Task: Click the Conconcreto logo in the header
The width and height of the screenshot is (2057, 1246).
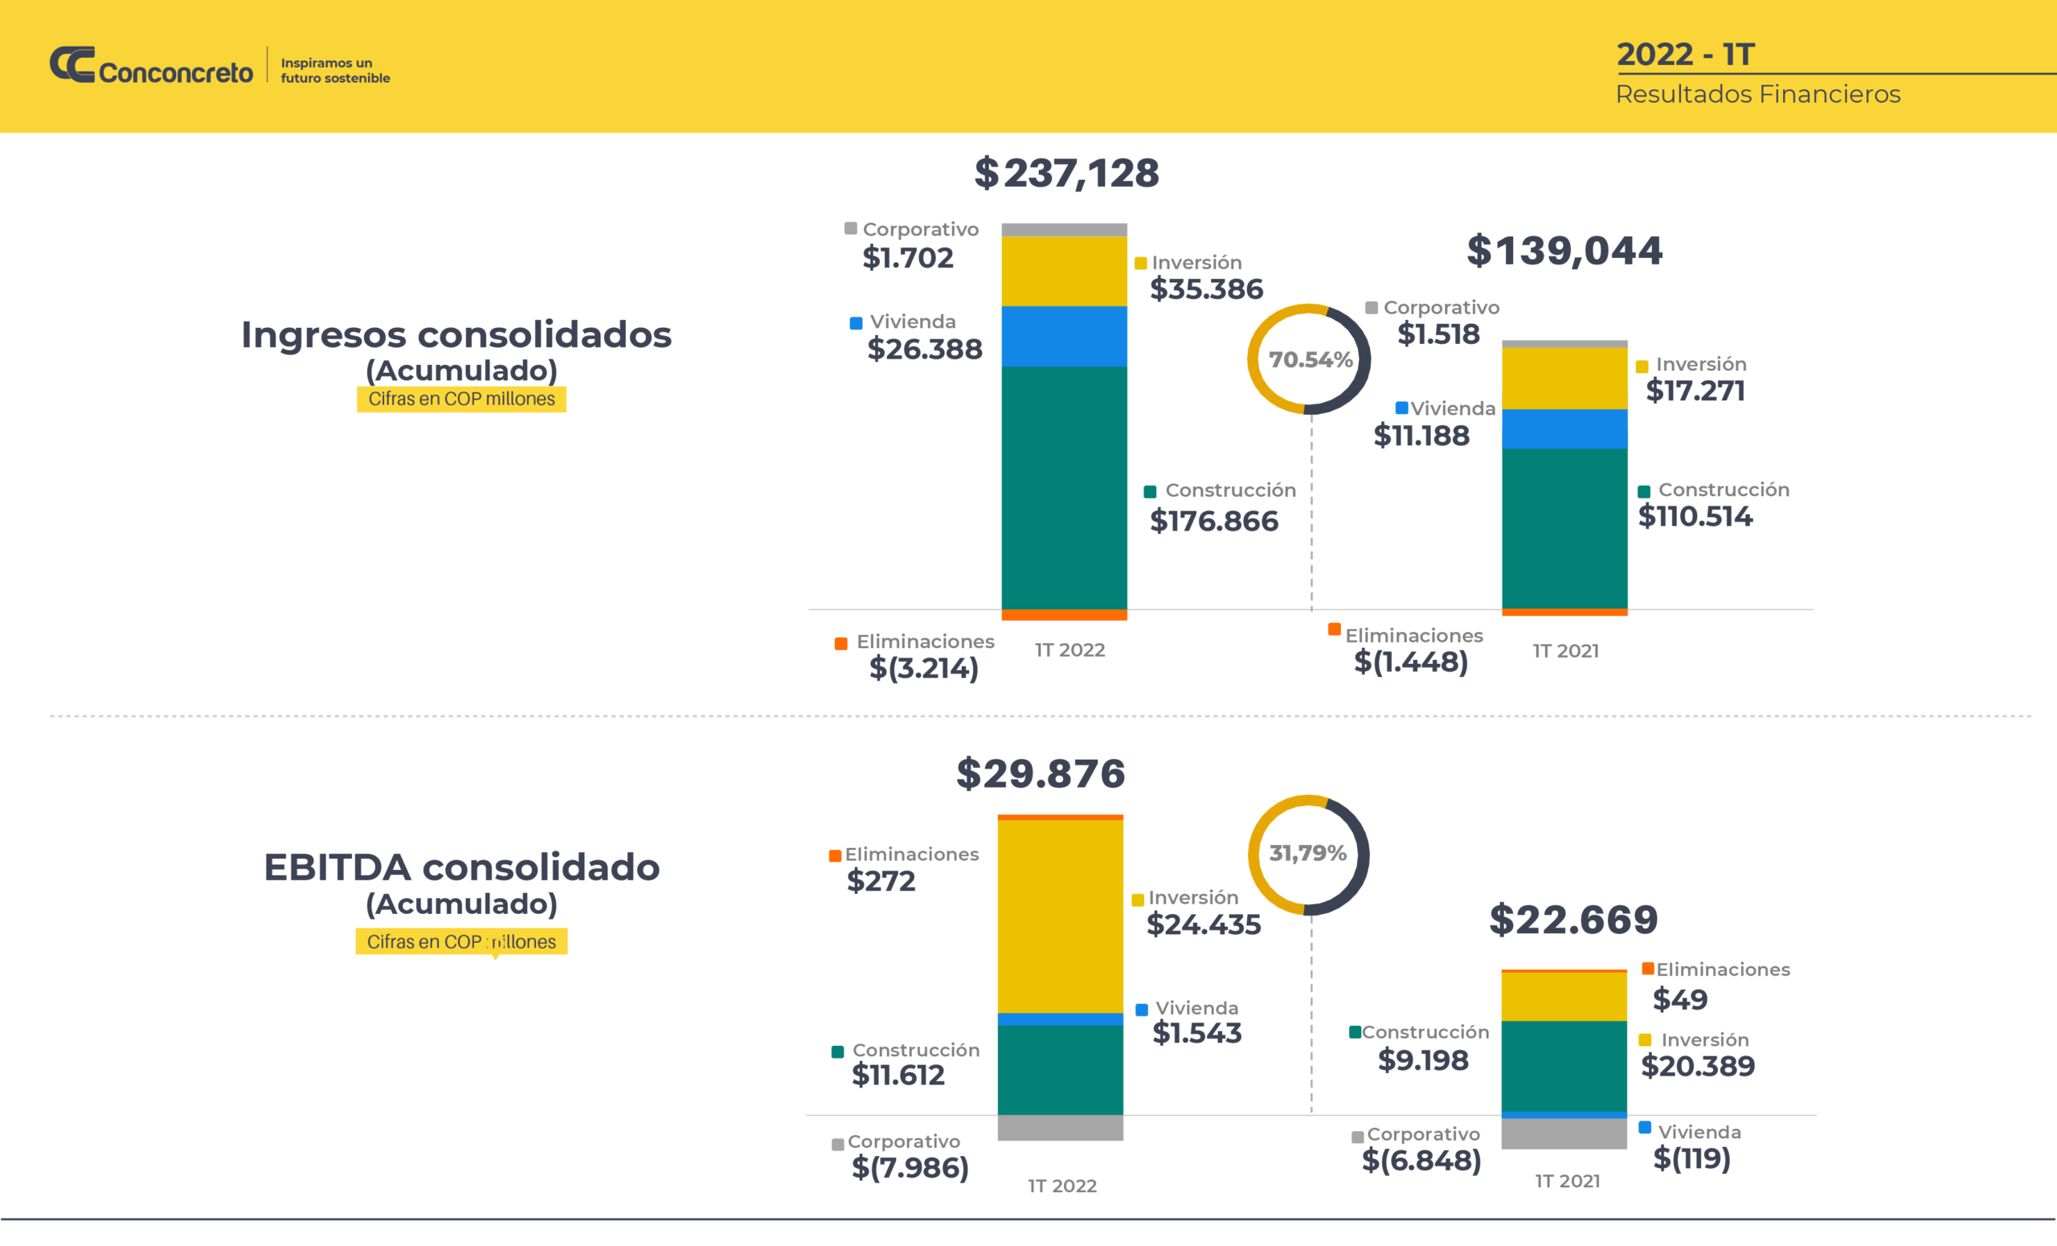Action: (151, 66)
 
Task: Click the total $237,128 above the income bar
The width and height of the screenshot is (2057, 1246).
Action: (1066, 174)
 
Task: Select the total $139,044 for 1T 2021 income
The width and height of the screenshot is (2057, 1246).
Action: (1564, 251)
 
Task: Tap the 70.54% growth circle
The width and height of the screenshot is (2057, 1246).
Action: (1309, 359)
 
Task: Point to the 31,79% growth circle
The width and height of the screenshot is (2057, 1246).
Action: (1308, 854)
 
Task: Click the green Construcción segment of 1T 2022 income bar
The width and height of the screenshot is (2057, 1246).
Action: (1065, 488)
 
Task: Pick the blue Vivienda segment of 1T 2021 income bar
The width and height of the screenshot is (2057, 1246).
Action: (1564, 428)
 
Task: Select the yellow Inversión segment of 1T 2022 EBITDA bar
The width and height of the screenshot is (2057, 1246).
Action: (1060, 916)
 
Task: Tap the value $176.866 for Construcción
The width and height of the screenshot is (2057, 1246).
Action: (1214, 521)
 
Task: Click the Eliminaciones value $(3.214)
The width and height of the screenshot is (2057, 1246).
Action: (923, 668)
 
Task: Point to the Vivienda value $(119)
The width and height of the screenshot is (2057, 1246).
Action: (1691, 1158)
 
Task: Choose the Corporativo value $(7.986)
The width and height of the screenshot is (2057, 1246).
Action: (910, 1167)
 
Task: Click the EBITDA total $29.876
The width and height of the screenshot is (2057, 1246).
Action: (1041, 773)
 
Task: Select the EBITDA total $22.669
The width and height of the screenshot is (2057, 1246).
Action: (1573, 920)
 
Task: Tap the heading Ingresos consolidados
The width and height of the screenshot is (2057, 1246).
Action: (456, 335)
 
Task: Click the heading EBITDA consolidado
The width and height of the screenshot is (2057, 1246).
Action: (462, 867)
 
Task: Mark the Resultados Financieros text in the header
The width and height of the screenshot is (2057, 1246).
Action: (1757, 94)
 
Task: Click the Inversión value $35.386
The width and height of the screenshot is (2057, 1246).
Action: (1206, 289)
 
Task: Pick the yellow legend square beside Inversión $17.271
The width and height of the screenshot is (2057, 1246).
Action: (1642, 367)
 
